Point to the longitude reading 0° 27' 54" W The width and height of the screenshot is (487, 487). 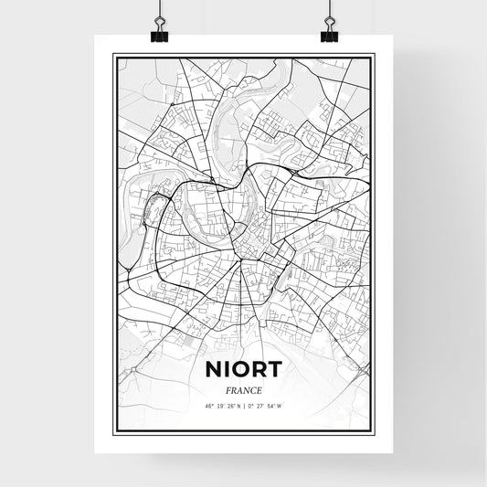click(x=269, y=406)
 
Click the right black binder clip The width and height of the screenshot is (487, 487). click(x=329, y=34)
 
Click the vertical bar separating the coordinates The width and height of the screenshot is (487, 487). click(x=243, y=406)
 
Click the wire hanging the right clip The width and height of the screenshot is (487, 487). click(x=329, y=11)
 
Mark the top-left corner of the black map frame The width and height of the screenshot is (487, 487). click(x=113, y=55)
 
